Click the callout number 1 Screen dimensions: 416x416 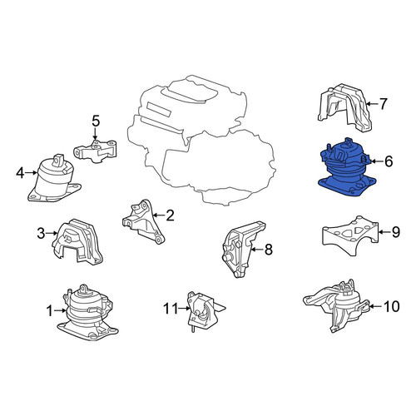[x=49, y=311]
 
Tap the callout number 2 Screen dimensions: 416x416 [x=170, y=215]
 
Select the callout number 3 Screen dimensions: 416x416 [x=41, y=233]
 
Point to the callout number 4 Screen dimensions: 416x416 [x=20, y=173]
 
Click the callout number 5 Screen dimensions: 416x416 [x=96, y=121]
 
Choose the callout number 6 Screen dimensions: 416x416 [x=389, y=161]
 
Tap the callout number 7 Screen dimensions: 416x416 [x=383, y=104]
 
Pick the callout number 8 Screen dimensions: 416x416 [x=269, y=250]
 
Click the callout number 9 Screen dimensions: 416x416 [x=395, y=231]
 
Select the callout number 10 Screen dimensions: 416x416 [x=392, y=306]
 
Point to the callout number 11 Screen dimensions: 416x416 [x=171, y=308]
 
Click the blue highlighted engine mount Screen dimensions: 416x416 [x=347, y=169]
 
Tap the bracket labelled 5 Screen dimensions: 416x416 [x=95, y=151]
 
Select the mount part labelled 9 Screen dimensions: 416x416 [x=350, y=235]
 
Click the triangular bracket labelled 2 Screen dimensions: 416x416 [x=143, y=222]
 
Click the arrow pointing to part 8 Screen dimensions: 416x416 [x=257, y=250]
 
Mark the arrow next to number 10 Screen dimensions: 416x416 [x=375, y=306]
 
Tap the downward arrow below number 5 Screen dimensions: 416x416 [x=96, y=134]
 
